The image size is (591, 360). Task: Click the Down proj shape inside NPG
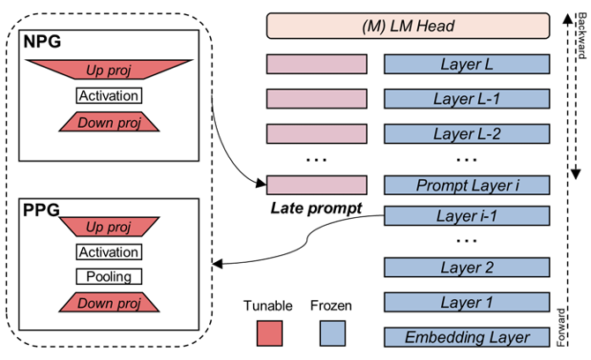[x=109, y=123]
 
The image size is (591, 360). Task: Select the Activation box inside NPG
[x=109, y=96]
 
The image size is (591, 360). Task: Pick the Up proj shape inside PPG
[x=109, y=228]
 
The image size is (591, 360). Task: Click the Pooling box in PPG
[x=109, y=276]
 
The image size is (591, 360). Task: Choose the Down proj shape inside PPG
[x=109, y=303]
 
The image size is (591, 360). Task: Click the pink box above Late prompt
[x=317, y=185]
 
